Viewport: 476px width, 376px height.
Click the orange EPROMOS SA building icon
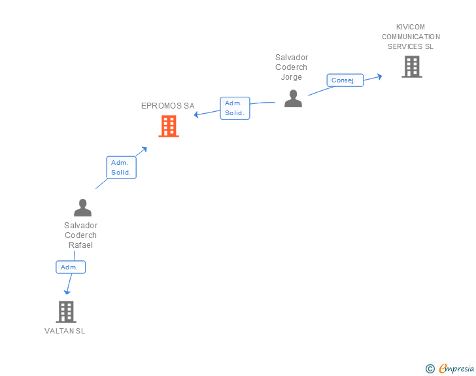(x=169, y=126)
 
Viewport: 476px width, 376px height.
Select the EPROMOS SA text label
(x=168, y=106)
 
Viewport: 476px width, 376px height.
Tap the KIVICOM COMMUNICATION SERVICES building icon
(x=411, y=67)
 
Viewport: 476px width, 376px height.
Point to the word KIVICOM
(x=411, y=27)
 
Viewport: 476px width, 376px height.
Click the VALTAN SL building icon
(x=66, y=312)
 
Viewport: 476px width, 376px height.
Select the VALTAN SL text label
(x=65, y=331)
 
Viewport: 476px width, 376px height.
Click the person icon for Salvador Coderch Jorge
(x=293, y=98)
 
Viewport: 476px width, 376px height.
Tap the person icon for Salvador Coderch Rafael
(x=82, y=207)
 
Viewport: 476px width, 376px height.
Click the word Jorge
(x=292, y=77)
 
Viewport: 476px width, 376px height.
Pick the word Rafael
(x=81, y=245)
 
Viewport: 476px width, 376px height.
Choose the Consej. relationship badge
(x=345, y=80)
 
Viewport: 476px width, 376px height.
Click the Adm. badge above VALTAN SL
(x=70, y=267)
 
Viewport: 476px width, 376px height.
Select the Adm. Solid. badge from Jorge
(x=235, y=108)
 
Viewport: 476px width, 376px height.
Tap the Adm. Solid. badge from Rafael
(x=121, y=167)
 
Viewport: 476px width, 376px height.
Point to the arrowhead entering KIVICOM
(x=379, y=77)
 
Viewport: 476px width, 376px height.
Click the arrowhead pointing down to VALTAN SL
(x=67, y=292)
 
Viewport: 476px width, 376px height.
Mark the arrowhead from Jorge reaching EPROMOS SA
(x=196, y=116)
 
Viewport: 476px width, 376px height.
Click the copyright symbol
(x=430, y=369)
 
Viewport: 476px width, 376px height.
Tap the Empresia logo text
(x=456, y=369)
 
